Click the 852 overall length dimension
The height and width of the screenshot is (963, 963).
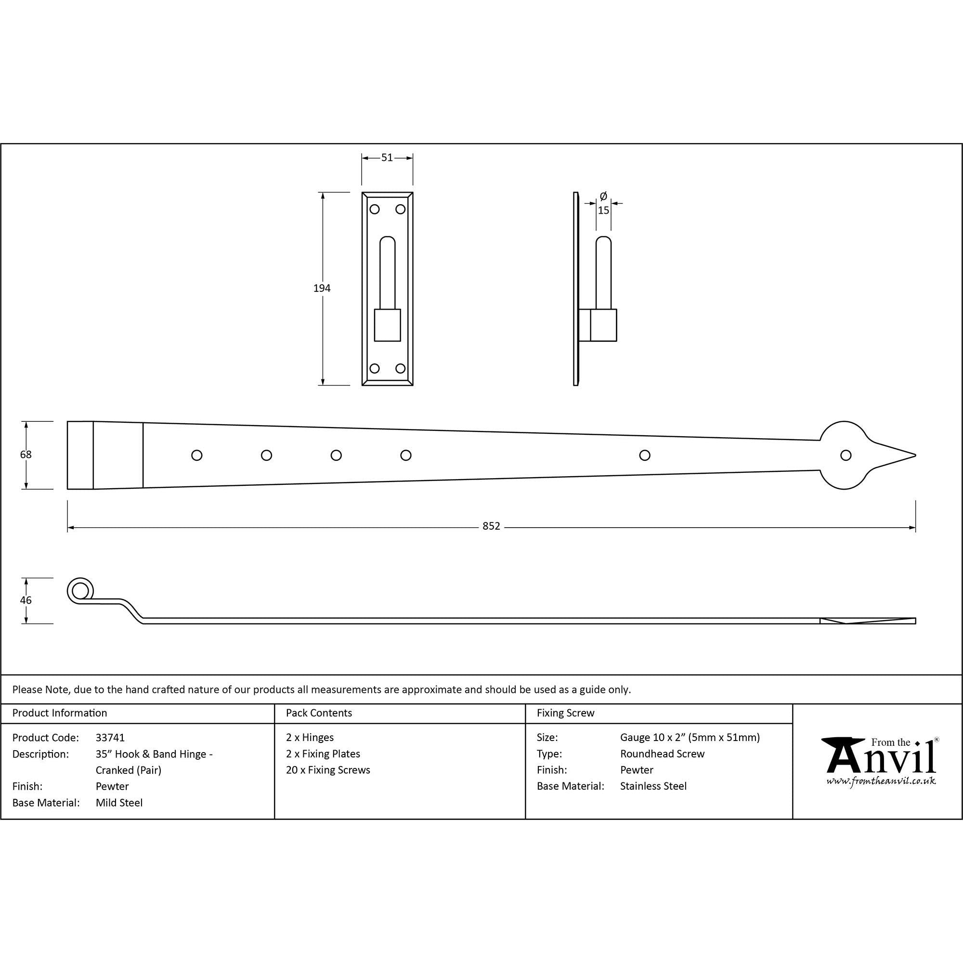click(491, 526)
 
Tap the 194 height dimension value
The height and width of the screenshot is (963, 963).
click(322, 288)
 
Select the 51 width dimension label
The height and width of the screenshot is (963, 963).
click(387, 157)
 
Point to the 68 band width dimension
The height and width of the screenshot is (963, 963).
click(26, 455)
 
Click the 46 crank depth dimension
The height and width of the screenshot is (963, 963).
click(26, 600)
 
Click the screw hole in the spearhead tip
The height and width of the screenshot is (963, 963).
click(846, 455)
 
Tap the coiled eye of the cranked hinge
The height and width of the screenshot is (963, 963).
click(80, 591)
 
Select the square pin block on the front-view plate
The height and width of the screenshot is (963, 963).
click(387, 325)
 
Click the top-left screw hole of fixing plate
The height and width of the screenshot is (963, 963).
click(374, 209)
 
